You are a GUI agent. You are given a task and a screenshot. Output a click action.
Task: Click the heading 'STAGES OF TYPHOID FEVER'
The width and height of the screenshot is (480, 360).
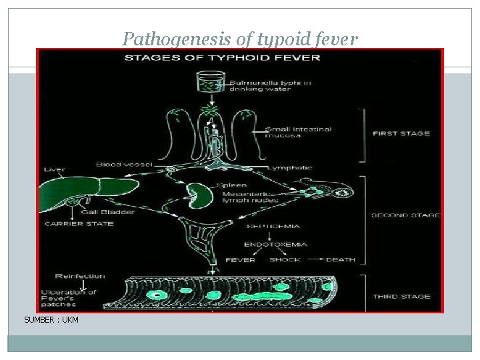(223, 57)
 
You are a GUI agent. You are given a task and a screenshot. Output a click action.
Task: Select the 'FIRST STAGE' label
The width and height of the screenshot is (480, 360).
(401, 133)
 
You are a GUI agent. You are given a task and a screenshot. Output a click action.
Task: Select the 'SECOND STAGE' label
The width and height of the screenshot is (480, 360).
(405, 215)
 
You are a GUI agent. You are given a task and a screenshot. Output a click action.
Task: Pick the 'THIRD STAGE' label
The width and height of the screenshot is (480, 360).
(401, 296)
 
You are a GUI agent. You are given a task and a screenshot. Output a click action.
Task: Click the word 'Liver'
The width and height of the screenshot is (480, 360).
(55, 169)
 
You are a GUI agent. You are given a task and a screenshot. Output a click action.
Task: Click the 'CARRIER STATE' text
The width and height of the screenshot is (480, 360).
(79, 224)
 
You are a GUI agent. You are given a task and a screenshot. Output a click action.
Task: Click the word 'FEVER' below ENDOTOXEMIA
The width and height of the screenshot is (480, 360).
(240, 259)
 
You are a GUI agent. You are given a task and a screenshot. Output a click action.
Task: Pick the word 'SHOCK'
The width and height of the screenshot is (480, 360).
(285, 259)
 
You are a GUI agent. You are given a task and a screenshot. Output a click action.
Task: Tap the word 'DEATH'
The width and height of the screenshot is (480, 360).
(341, 259)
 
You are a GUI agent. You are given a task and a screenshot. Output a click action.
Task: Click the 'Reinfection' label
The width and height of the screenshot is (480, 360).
(81, 275)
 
